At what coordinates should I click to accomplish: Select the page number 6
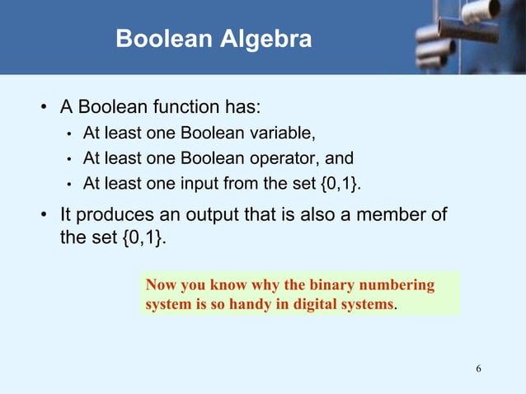(478, 367)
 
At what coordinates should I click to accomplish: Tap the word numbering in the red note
(399, 285)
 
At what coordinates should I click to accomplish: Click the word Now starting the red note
(161, 285)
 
